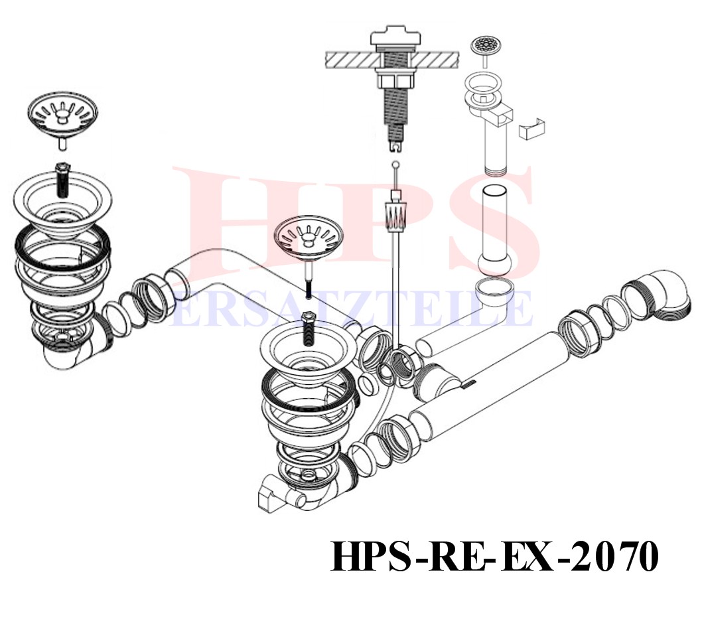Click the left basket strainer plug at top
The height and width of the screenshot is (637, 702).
tap(62, 114)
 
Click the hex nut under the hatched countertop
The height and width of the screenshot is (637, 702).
tap(395, 82)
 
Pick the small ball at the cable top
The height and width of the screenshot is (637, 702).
tap(394, 165)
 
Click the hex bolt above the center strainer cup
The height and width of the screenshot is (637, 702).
tap(309, 328)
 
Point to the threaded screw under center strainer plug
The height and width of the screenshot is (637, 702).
tap(309, 287)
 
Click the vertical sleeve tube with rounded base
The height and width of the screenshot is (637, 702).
tap(495, 230)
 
